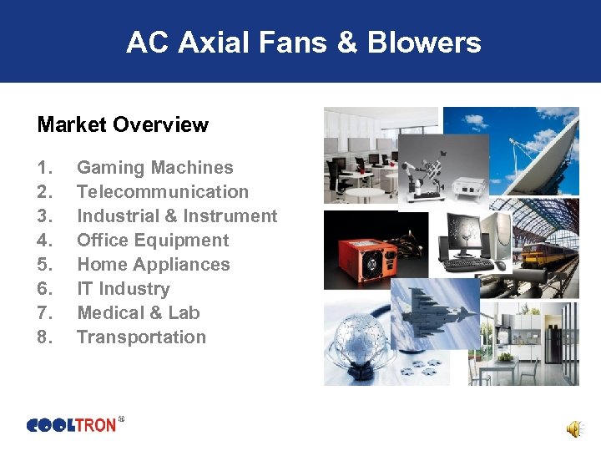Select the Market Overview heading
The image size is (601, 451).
123,125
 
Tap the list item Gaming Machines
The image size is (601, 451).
154,168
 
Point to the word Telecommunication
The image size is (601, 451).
163,192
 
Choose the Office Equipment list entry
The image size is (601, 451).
152,241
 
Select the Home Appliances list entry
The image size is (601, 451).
153,265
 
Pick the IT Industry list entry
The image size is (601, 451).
123,289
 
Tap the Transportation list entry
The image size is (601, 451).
141,337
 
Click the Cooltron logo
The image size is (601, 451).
73,425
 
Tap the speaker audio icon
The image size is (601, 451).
574,428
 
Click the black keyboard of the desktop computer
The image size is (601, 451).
467,264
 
